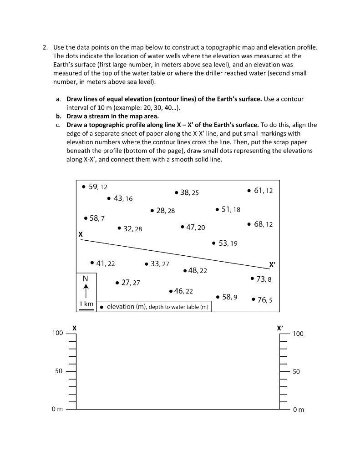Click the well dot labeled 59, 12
83,187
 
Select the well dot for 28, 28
152,211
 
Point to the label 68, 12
263,224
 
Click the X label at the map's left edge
81,234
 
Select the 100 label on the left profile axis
57,334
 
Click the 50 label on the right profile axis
296,372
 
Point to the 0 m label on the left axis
57,410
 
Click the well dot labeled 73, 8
252,278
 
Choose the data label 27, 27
130,283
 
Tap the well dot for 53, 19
214,243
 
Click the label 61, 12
263,191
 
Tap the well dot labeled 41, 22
92,263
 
